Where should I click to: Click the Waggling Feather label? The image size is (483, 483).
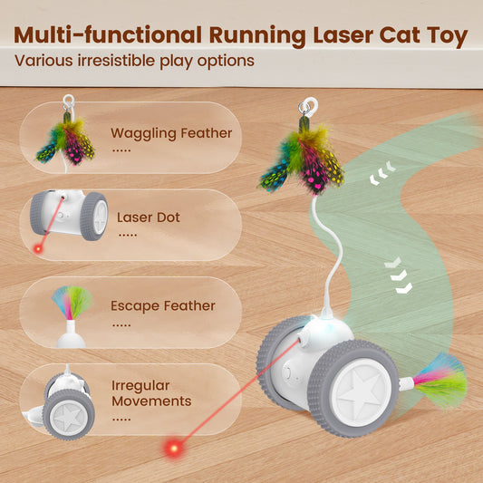[171, 133]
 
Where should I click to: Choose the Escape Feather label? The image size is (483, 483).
[163, 305]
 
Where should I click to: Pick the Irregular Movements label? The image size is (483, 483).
[151, 393]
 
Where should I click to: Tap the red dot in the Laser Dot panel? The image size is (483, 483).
[38, 248]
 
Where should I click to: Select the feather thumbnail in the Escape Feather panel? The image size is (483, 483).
[71, 304]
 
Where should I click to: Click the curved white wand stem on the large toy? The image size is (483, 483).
[316, 245]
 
